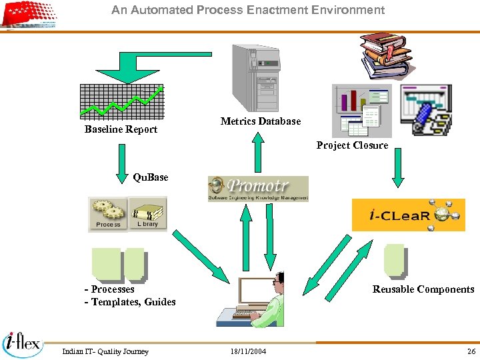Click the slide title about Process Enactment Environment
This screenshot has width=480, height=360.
(248, 10)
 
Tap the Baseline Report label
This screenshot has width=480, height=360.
(121, 129)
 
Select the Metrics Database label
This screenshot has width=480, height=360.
(261, 121)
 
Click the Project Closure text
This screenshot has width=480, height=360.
(352, 145)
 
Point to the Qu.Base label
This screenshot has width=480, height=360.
(151, 177)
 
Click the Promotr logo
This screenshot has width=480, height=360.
(258, 188)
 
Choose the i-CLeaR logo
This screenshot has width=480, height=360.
(408, 215)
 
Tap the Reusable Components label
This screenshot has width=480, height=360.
(423, 289)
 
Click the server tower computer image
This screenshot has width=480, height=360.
(255, 78)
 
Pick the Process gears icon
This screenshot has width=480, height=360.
(108, 214)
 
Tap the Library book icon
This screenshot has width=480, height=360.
(147, 214)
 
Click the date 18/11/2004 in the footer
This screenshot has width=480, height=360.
(247, 351)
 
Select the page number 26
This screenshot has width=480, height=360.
(471, 351)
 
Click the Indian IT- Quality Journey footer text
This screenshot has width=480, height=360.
(105, 351)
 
